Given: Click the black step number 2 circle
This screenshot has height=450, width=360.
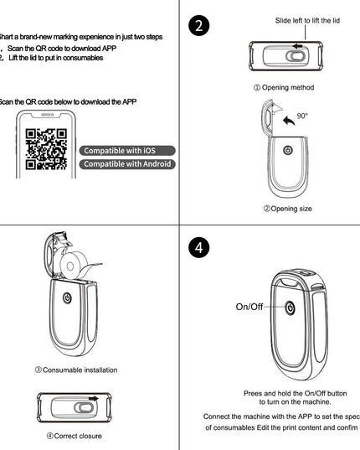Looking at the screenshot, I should tap(198, 26).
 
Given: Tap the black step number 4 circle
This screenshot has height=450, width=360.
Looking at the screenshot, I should tap(198, 249).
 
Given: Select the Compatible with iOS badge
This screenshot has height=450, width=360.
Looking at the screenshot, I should tap(128, 150).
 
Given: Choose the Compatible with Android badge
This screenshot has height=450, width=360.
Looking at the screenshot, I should tap(128, 164).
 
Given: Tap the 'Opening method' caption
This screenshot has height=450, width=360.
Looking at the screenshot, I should tap(284, 87).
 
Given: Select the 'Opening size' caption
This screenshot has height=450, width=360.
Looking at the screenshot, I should tap(284, 209).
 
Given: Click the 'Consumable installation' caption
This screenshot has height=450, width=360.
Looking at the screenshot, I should tap(75, 370).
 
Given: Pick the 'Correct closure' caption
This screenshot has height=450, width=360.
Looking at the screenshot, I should tap(75, 437).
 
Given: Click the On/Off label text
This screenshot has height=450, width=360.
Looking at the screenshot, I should tap(249, 308).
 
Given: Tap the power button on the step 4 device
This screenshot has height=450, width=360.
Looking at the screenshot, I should tap(288, 308).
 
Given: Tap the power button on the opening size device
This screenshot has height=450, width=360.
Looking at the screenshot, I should tap(286, 151).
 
